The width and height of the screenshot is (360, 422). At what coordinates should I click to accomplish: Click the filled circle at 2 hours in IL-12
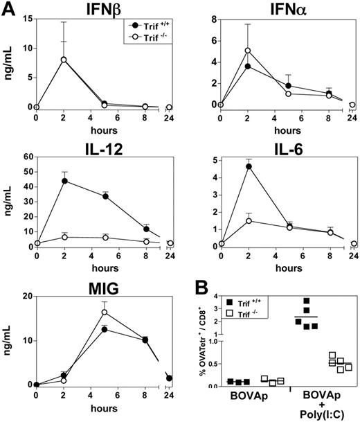[65, 181]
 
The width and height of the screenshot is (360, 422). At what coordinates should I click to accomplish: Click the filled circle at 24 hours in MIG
[170, 378]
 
